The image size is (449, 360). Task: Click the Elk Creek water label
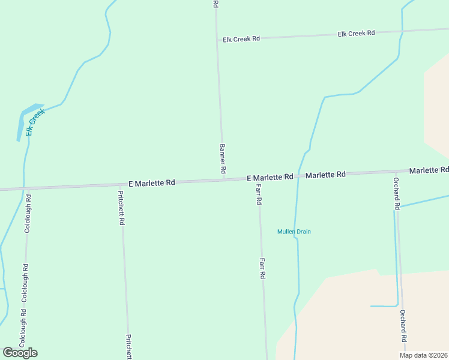(35, 121)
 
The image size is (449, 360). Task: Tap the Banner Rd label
(222, 159)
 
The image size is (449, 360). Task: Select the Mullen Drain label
(294, 232)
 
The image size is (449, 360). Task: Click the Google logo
(20, 353)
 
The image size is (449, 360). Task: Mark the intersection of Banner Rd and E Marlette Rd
(224, 179)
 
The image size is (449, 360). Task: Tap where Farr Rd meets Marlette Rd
(258, 178)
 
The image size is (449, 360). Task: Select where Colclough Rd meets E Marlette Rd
(26, 187)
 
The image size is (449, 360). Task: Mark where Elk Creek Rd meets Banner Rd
(218, 40)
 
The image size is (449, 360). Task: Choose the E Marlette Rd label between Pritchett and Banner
(152, 182)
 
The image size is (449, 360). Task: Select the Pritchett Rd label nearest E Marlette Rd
(121, 208)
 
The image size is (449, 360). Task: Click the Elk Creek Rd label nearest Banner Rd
(241, 39)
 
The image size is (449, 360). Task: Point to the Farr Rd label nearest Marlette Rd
(259, 194)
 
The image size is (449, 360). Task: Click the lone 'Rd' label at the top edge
(215, 4)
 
